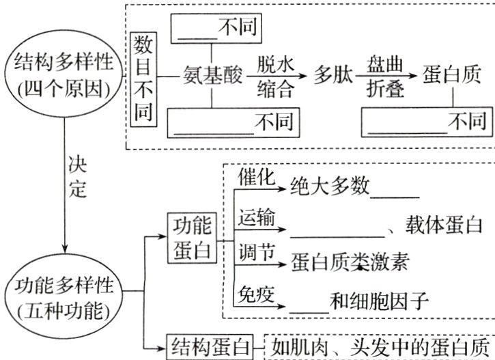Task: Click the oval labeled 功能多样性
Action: [64, 298]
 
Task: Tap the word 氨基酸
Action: [213, 75]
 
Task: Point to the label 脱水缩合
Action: [276, 75]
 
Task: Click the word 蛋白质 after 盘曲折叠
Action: [451, 75]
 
